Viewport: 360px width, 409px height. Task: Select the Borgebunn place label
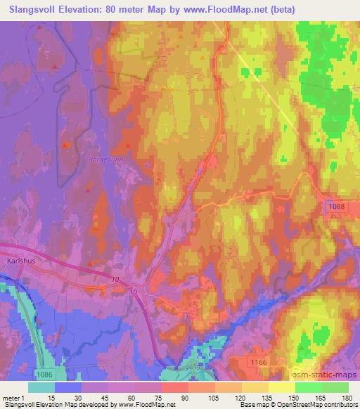coord(105,160)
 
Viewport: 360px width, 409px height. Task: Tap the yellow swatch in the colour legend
coord(281,387)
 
